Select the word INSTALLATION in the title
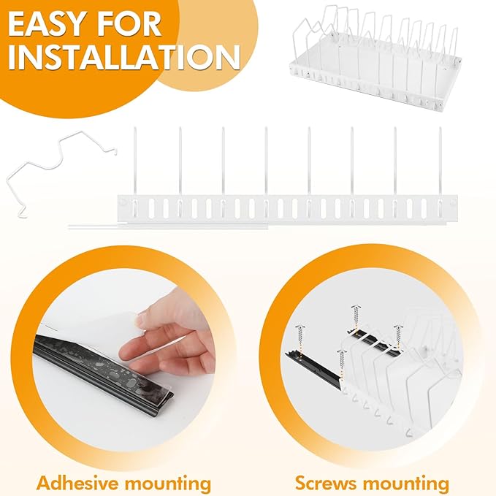[x=124, y=58]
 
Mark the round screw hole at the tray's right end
[x=452, y=202]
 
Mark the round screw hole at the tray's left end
[x=123, y=202]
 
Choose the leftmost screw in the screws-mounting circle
[x=300, y=337]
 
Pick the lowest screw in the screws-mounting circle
[x=342, y=363]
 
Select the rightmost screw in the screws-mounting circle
[x=397, y=337]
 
